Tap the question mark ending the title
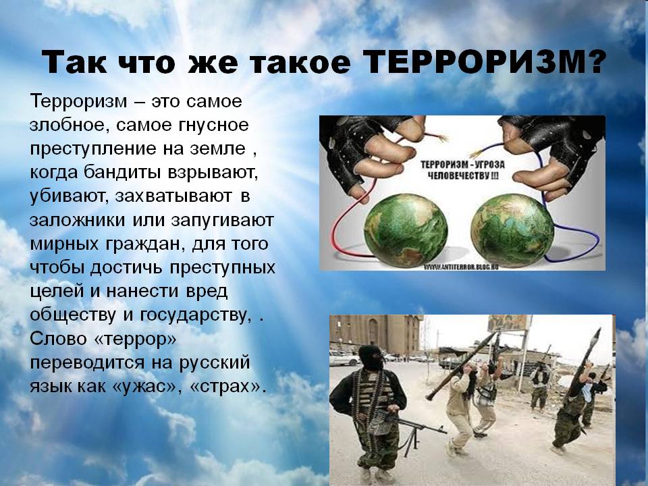[595, 62]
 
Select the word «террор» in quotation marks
[136, 340]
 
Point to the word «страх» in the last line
[227, 387]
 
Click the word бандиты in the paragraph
[123, 172]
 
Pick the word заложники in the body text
[77, 220]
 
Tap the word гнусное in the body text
[214, 126]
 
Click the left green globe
[406, 231]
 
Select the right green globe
[512, 231]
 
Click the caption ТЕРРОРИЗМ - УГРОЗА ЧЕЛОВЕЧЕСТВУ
[462, 170]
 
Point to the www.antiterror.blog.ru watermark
[461, 267]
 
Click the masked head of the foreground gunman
[371, 358]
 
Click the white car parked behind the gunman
[344, 358]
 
